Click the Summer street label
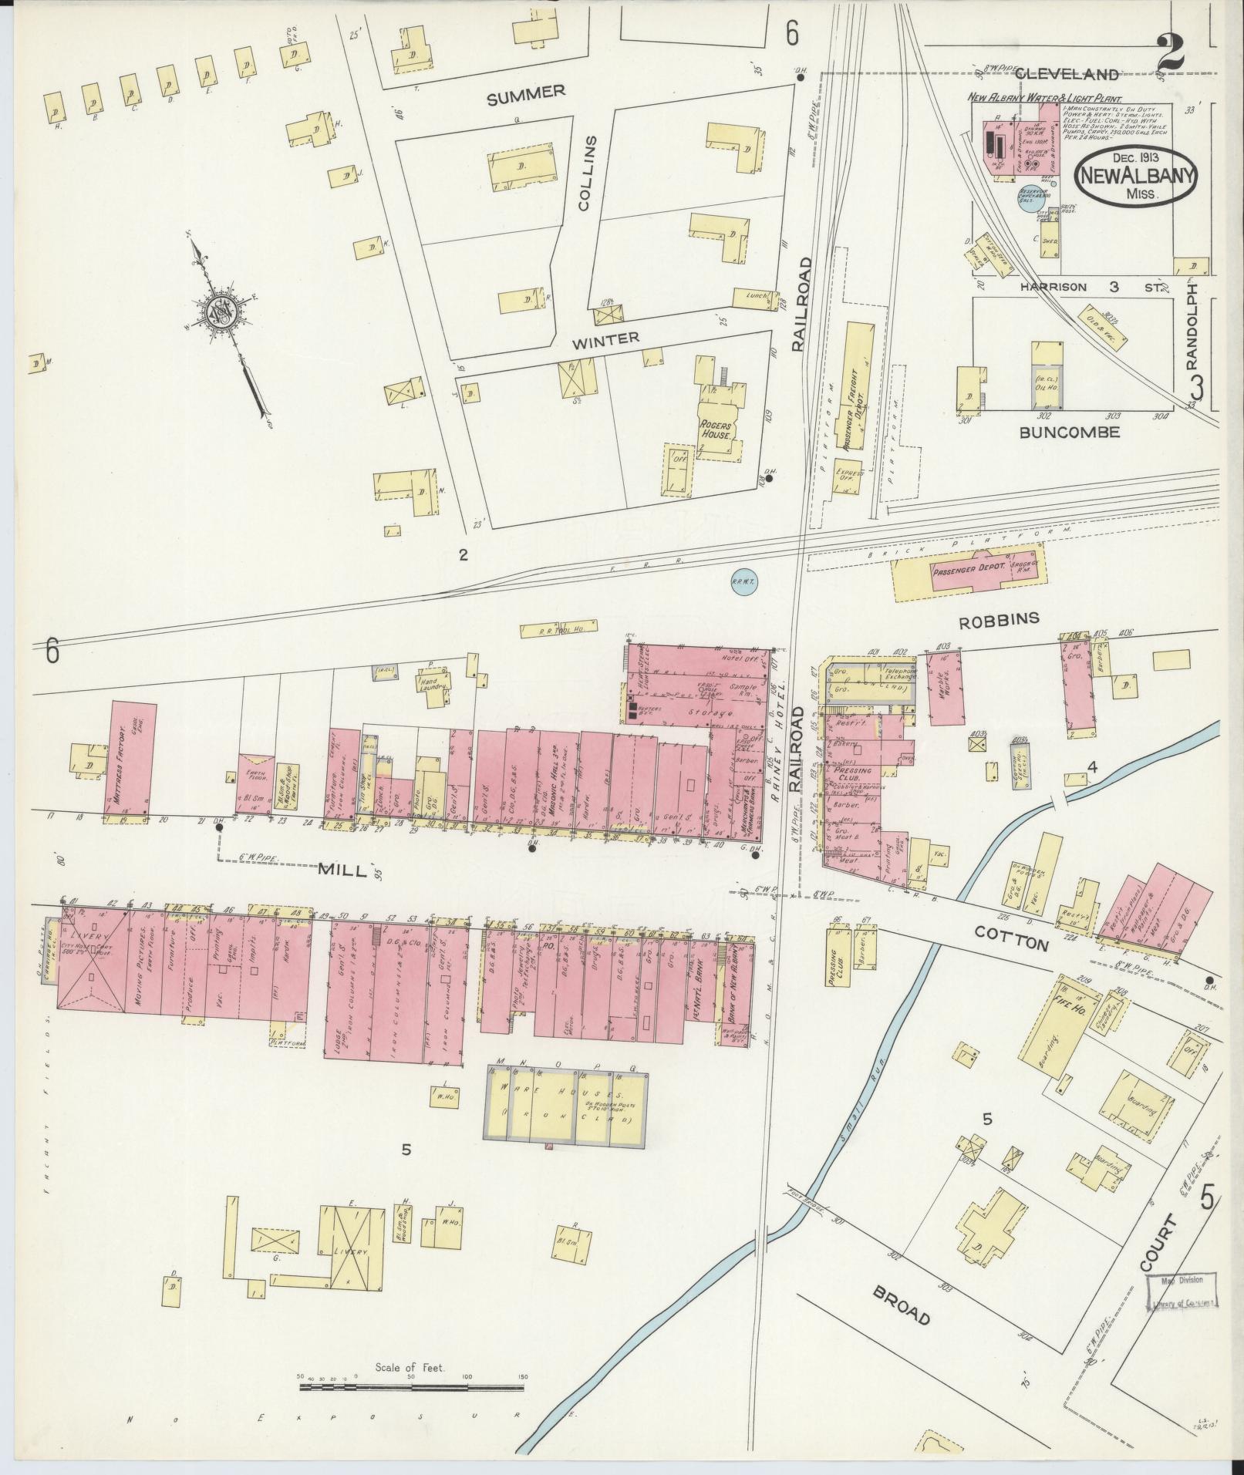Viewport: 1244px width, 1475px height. (526, 93)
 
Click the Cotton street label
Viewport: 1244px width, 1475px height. (1011, 938)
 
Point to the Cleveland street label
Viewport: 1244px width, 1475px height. (1066, 74)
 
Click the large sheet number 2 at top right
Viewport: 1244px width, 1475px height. (1171, 52)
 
